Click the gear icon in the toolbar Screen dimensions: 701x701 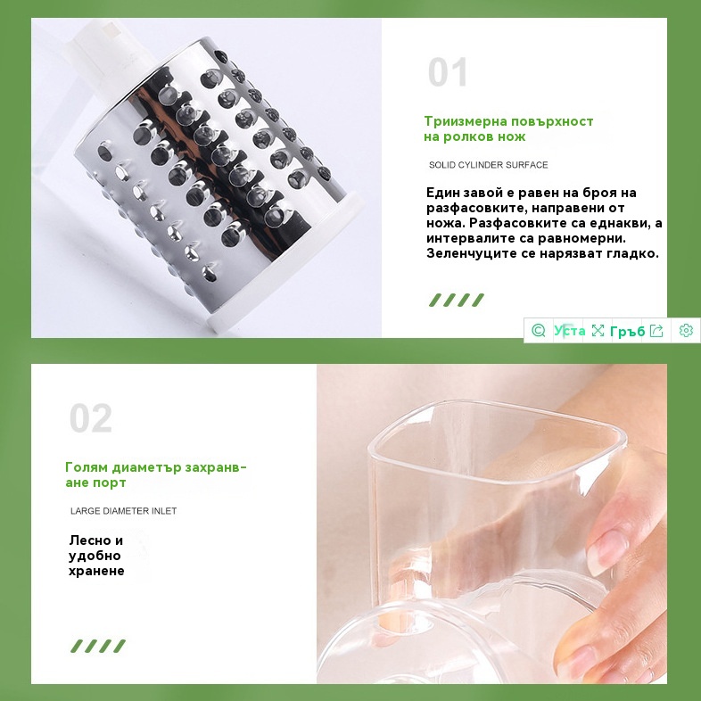(686, 330)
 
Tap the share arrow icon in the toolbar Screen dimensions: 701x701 (656, 330)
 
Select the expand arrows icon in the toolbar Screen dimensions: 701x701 (598, 330)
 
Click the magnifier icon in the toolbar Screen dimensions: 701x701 (539, 330)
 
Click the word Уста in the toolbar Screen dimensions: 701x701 (570, 330)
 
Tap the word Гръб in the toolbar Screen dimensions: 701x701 (628, 331)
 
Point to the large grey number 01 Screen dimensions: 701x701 (448, 72)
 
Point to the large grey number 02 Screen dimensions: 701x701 (91, 418)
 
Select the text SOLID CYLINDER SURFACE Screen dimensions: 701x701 (488, 165)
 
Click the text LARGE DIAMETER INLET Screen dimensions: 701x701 (123, 511)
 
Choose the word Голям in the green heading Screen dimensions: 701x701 (87, 467)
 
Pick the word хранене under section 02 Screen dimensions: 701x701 (96, 571)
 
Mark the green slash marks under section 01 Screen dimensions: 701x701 (457, 300)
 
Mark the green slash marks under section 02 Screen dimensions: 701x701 (98, 646)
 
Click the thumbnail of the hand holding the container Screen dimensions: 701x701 (491, 524)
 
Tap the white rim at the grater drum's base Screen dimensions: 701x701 (286, 268)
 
